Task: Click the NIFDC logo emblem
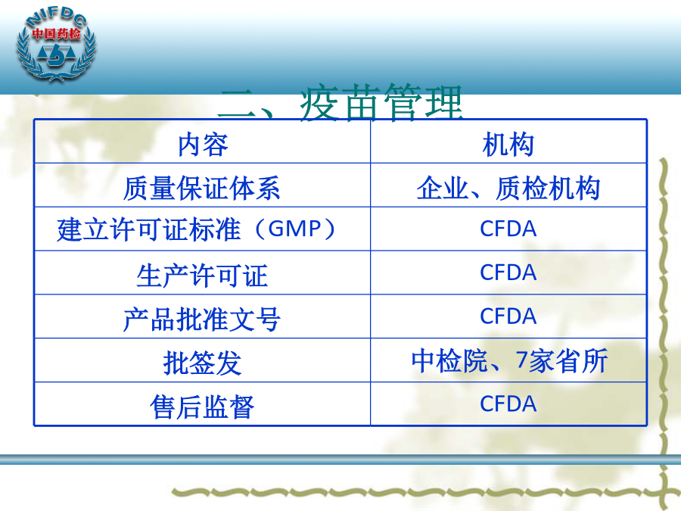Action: (57, 45)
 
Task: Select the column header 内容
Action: (203, 145)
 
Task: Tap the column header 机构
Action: (508, 145)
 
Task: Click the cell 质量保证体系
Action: (202, 189)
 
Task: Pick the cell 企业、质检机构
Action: (508, 189)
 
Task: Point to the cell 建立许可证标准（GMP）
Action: (196, 229)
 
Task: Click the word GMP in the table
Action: (294, 229)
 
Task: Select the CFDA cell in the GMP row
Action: (508, 229)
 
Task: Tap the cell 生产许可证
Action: (202, 276)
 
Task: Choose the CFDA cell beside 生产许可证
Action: (508, 273)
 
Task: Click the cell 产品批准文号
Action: (202, 319)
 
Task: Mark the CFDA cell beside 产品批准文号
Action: (508, 316)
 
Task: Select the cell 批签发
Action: (202, 363)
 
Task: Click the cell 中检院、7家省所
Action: (509, 360)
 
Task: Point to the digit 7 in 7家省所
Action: (521, 360)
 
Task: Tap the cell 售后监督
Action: (202, 407)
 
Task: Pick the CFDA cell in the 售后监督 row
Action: (508, 404)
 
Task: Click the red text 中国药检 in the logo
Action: (57, 33)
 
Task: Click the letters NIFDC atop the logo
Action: (57, 17)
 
